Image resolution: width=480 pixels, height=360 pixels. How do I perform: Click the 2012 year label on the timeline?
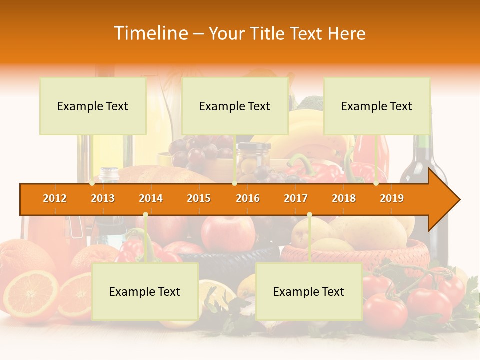(55, 198)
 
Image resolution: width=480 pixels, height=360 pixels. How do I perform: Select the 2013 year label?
(103, 198)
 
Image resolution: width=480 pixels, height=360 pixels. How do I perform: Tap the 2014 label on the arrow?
(151, 198)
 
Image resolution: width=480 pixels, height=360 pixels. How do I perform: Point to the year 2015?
(199, 198)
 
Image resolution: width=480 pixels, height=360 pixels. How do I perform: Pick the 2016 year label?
(248, 198)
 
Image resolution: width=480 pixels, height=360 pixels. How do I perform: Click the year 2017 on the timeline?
(296, 198)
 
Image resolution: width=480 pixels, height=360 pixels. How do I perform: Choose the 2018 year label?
(344, 198)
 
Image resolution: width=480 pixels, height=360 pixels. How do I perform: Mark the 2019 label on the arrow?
(392, 198)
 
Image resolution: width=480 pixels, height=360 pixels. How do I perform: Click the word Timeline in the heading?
(150, 33)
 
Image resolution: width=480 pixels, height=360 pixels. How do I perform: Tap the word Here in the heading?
(347, 33)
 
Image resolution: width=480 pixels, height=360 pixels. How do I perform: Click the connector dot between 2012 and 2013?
(92, 183)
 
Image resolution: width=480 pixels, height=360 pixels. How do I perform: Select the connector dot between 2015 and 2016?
(234, 183)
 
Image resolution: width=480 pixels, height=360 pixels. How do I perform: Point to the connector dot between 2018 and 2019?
(376, 183)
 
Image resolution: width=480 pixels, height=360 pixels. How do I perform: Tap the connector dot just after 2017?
(309, 215)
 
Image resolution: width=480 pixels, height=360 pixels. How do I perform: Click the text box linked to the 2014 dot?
(145, 291)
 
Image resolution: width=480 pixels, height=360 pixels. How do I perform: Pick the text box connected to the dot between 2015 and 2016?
(235, 106)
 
